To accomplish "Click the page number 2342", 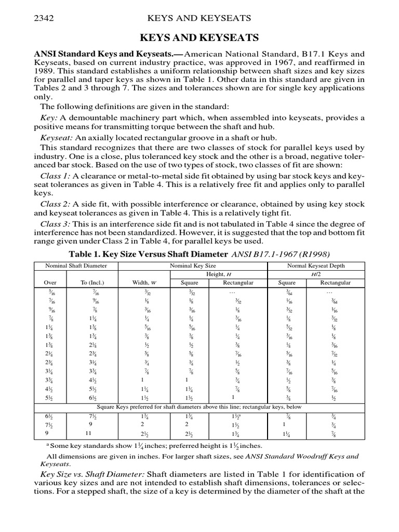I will tap(44, 18).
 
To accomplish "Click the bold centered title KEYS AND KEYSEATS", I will tap(199, 39).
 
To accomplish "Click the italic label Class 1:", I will tap(55, 177).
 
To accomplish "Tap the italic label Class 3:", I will tap(55, 223).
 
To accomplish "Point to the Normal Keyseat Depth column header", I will tap(315, 266).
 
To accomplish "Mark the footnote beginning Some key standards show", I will tap(156, 445).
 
